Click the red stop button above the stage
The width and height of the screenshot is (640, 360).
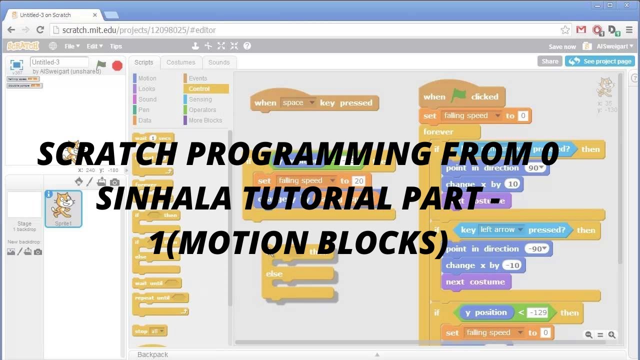(x=117, y=65)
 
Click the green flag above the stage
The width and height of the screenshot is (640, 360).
(x=101, y=65)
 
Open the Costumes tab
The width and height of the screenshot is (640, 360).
(x=180, y=62)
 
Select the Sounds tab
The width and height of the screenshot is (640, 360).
(x=219, y=62)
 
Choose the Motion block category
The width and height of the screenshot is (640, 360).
(x=147, y=78)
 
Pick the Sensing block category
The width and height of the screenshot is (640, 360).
(x=200, y=99)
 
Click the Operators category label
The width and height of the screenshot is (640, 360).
(x=202, y=110)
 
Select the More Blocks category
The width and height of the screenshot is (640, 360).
(x=205, y=120)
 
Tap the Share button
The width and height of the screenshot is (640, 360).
(x=549, y=61)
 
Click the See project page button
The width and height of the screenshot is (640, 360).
(x=600, y=61)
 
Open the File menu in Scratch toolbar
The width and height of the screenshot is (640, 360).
(x=71, y=46)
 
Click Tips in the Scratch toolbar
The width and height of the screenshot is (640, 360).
(x=116, y=46)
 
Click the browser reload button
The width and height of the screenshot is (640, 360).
(x=40, y=30)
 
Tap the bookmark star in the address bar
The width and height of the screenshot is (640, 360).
(x=565, y=30)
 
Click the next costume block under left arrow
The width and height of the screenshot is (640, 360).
(x=475, y=282)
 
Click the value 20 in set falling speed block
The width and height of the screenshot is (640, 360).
(x=358, y=181)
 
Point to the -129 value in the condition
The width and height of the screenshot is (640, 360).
(x=538, y=313)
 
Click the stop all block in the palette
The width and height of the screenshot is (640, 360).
(x=149, y=331)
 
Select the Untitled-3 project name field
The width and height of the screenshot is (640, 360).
(x=59, y=62)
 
